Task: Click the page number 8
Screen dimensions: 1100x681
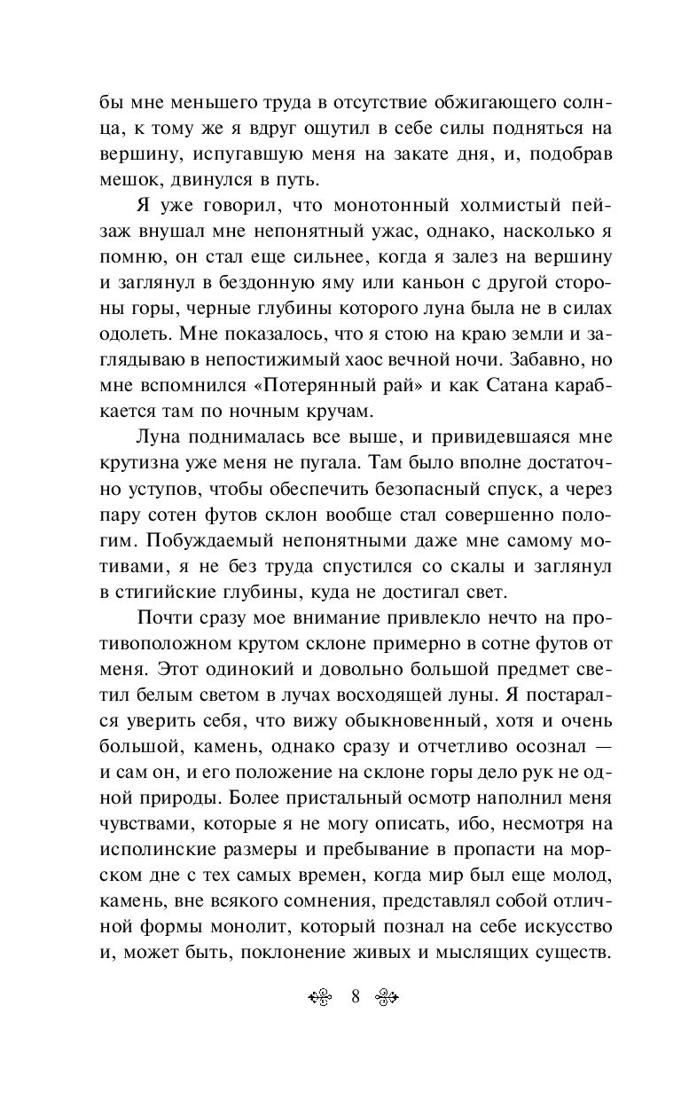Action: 355,995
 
